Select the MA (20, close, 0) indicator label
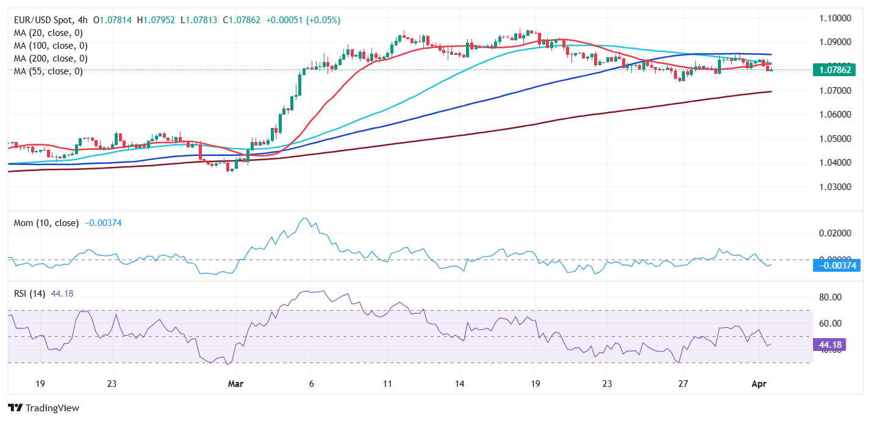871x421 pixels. (48, 33)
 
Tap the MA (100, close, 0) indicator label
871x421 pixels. (50, 46)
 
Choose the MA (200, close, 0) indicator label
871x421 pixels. (50, 58)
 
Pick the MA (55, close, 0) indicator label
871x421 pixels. (48, 71)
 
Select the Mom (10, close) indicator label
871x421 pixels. (46, 223)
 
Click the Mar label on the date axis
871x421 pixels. (235, 384)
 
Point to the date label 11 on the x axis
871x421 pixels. (386, 384)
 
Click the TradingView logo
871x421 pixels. (43, 408)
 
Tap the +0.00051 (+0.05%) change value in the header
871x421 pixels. (303, 20)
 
